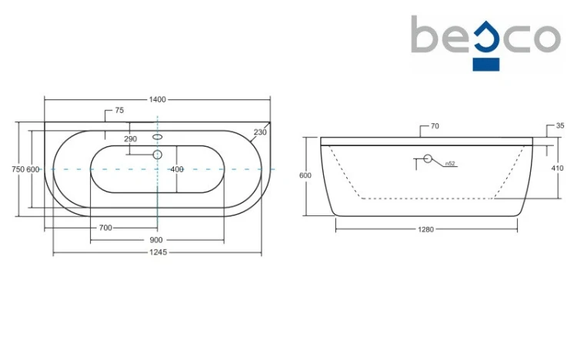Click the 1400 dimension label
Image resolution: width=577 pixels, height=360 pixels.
click(x=157, y=99)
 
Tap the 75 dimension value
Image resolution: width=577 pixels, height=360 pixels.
click(x=119, y=110)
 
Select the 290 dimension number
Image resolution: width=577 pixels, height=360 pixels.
click(x=130, y=138)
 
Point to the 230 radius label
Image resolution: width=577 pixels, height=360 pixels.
click(x=260, y=132)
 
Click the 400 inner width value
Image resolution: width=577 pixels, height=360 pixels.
click(x=177, y=169)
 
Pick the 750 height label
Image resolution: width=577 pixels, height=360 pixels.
click(x=18, y=169)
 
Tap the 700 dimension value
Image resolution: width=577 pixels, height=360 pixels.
click(x=105, y=228)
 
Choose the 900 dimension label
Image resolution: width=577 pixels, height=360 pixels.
click(x=156, y=240)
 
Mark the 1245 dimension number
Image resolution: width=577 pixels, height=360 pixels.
click(x=158, y=252)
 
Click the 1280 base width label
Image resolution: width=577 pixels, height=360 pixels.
click(x=425, y=229)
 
